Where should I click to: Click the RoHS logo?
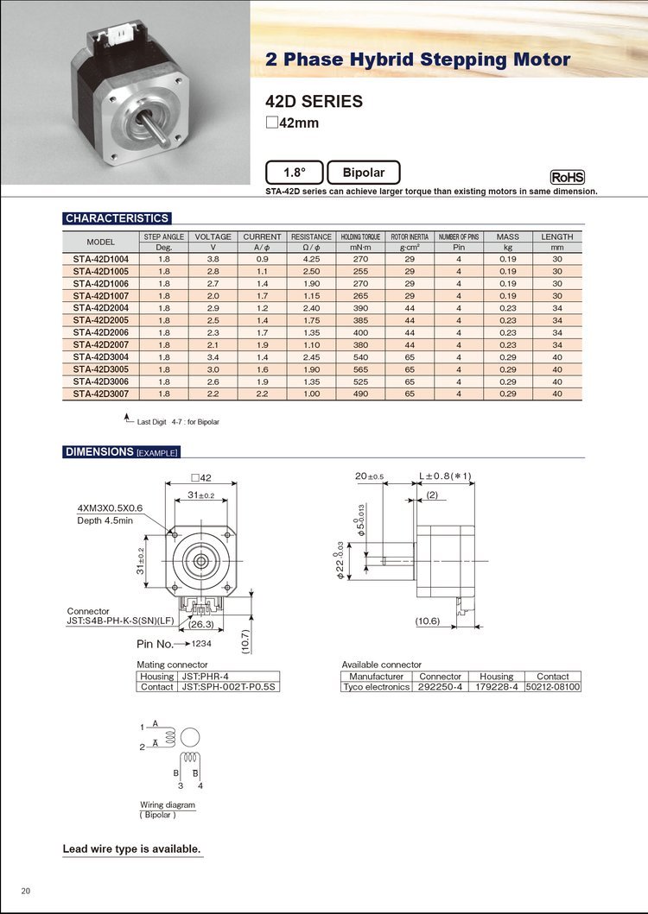pyautogui.click(x=568, y=176)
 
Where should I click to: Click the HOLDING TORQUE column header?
pyautogui.click(x=360, y=236)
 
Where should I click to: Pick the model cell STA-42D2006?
pyautogui.click(x=101, y=332)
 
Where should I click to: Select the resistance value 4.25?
pyautogui.click(x=311, y=259)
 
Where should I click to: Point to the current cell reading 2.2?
pyautogui.click(x=263, y=394)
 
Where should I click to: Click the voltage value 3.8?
pyautogui.click(x=213, y=259)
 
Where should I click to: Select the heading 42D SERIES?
pyautogui.click(x=314, y=101)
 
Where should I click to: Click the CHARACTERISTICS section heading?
pyautogui.click(x=117, y=218)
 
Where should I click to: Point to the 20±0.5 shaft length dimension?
pyautogui.click(x=369, y=476)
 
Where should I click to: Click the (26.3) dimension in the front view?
pyautogui.click(x=202, y=624)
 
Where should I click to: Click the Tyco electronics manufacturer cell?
pyautogui.click(x=376, y=687)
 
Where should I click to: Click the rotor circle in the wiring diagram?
pyautogui.click(x=192, y=736)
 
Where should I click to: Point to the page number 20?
pyautogui.click(x=26, y=890)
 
